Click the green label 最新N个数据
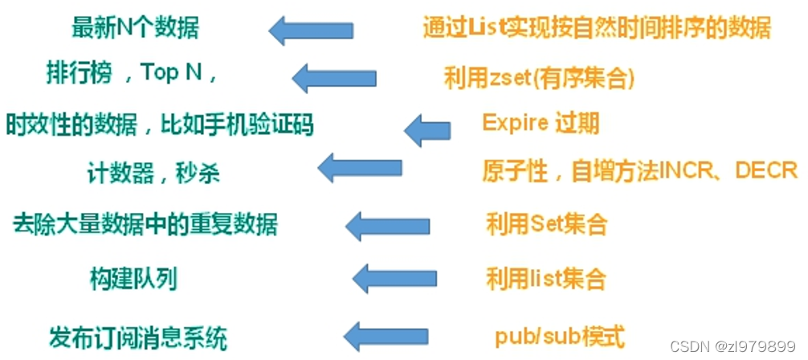tap(135, 28)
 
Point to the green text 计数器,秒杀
tap(153, 172)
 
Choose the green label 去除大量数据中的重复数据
tap(145, 223)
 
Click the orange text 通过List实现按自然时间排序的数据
tap(597, 28)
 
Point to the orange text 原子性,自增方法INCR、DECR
tap(639, 170)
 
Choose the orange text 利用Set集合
tap(545, 223)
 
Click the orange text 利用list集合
tap(545, 278)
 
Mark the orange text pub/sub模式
tap(560, 334)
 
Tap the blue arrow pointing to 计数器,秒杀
tap(359, 169)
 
